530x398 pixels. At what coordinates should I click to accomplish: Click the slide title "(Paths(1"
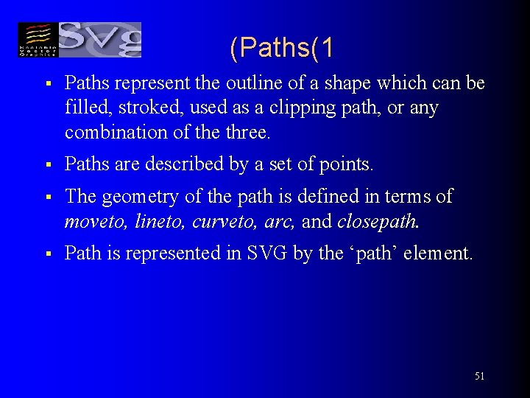[281, 48]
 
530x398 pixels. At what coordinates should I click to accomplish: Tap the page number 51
[479, 376]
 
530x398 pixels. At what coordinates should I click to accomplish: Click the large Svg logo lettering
[99, 40]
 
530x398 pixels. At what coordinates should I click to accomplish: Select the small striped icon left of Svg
[37, 40]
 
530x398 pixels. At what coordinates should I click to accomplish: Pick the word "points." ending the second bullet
[348, 164]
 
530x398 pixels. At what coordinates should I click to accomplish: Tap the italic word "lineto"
[156, 221]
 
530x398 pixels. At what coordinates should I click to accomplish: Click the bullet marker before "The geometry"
[46, 198]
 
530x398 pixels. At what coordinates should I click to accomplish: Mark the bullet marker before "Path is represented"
[46, 254]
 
